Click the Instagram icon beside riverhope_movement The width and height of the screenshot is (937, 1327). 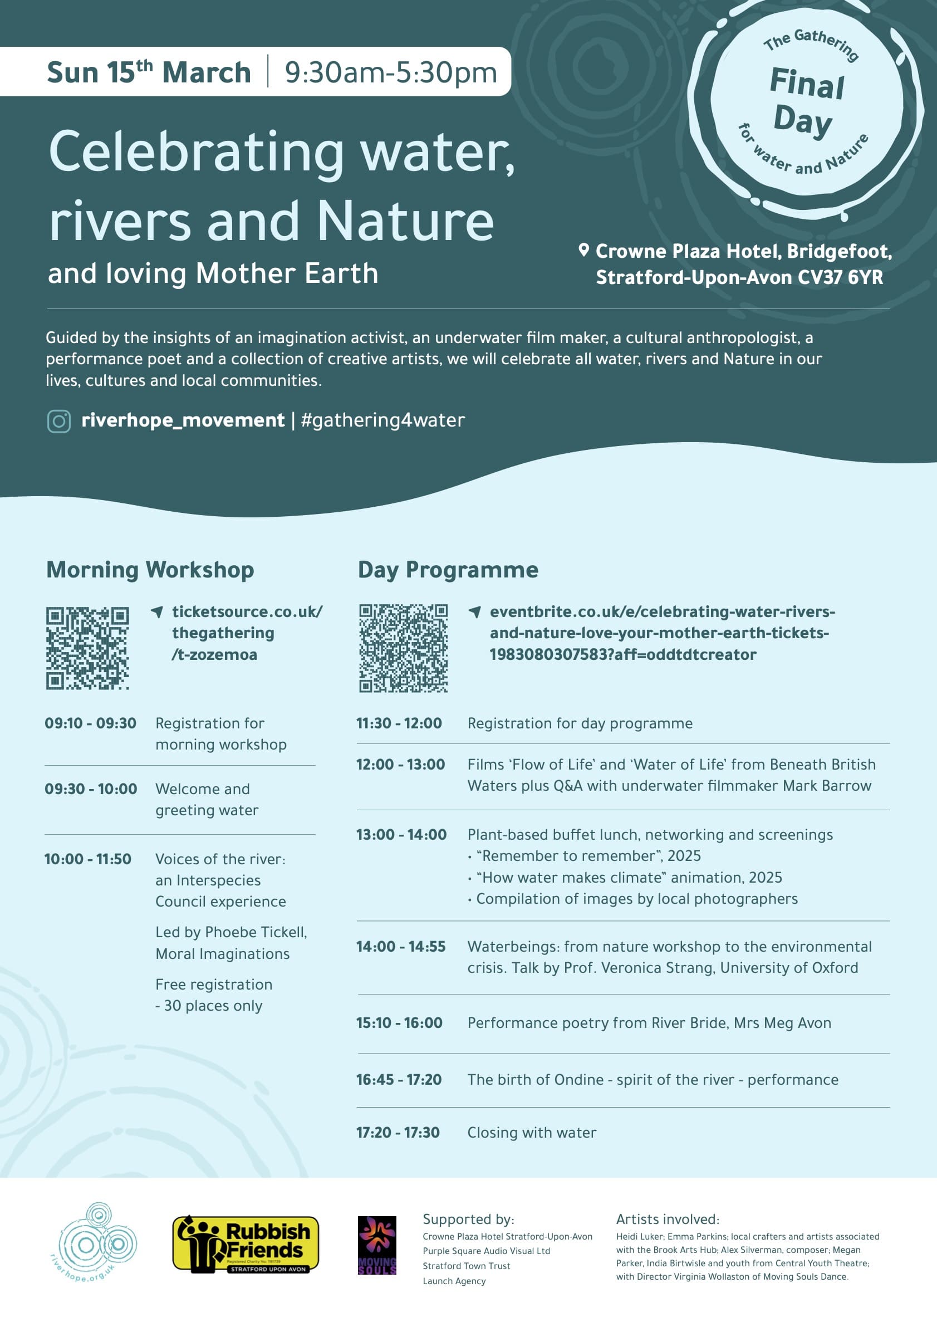point(58,421)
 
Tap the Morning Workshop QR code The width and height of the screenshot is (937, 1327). point(87,647)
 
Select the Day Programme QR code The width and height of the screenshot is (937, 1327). point(403,648)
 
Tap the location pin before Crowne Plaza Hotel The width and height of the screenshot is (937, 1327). point(583,249)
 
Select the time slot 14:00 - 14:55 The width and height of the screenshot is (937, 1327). point(400,947)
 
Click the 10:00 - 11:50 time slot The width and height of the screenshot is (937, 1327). point(88,859)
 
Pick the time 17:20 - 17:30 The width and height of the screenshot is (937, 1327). point(398,1132)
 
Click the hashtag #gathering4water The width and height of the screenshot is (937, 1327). point(382,420)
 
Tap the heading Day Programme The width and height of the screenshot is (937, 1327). point(448,570)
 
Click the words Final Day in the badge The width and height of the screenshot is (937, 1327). point(805,102)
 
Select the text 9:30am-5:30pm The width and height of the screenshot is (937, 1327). point(391,73)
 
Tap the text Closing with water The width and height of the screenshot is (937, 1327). point(532,1132)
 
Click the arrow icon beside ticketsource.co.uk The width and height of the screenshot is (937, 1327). point(156,611)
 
